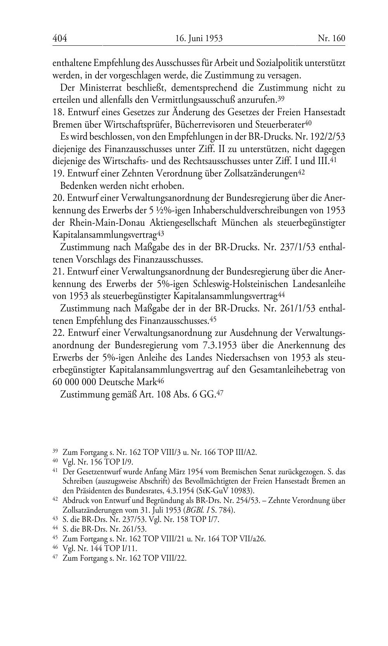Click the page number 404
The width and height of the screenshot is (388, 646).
coord(60,38)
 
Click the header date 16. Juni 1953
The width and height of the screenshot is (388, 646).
coord(199,38)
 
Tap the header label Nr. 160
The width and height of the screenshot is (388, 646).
coord(331,38)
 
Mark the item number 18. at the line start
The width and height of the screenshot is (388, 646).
coord(58,112)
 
